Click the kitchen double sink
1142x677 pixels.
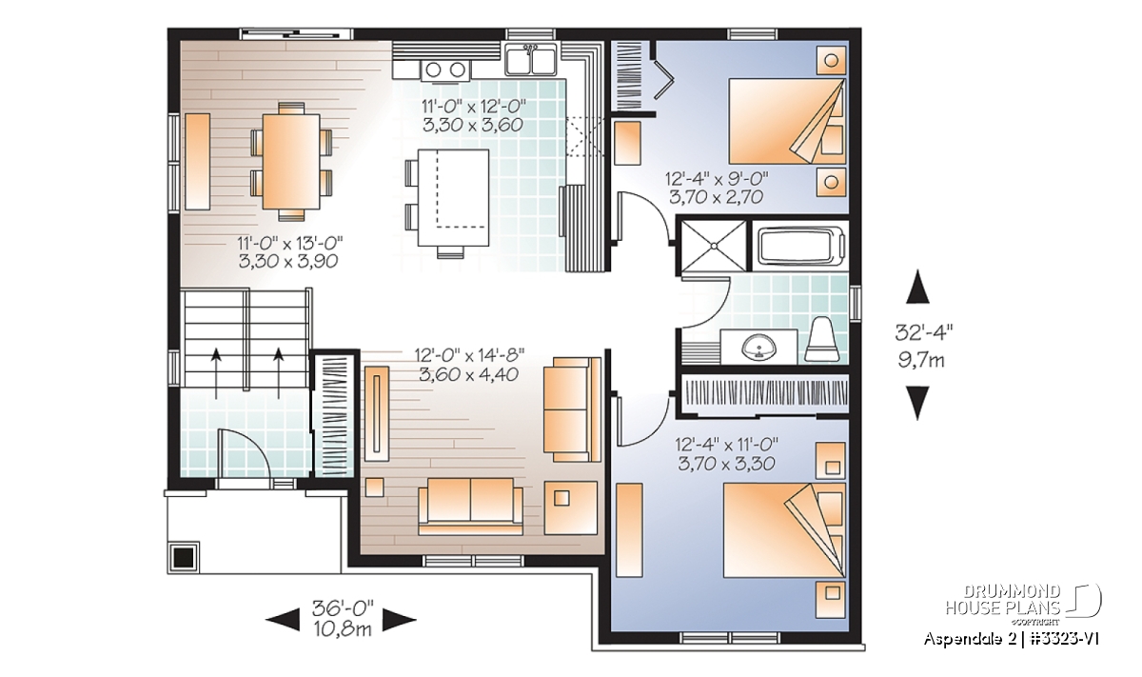(x=530, y=60)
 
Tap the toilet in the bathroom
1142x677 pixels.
(x=822, y=340)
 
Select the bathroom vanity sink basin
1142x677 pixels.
(x=759, y=347)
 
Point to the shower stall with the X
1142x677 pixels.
(x=714, y=246)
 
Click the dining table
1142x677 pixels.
(x=291, y=162)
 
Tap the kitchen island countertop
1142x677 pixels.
(x=453, y=197)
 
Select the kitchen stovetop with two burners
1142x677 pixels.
(x=445, y=70)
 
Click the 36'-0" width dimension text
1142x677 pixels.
(x=343, y=608)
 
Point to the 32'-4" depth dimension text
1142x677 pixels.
(x=924, y=332)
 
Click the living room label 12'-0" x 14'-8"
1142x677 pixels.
(x=469, y=353)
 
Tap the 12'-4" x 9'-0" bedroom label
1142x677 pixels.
(x=717, y=179)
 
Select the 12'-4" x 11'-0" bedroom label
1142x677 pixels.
(x=727, y=445)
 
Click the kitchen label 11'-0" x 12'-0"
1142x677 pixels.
(x=473, y=106)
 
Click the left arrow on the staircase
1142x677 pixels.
(x=216, y=373)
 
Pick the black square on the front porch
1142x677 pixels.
(x=184, y=558)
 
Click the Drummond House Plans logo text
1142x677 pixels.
(x=1003, y=600)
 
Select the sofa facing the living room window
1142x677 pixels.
(x=470, y=507)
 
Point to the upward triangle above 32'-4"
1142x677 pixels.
(x=917, y=287)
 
